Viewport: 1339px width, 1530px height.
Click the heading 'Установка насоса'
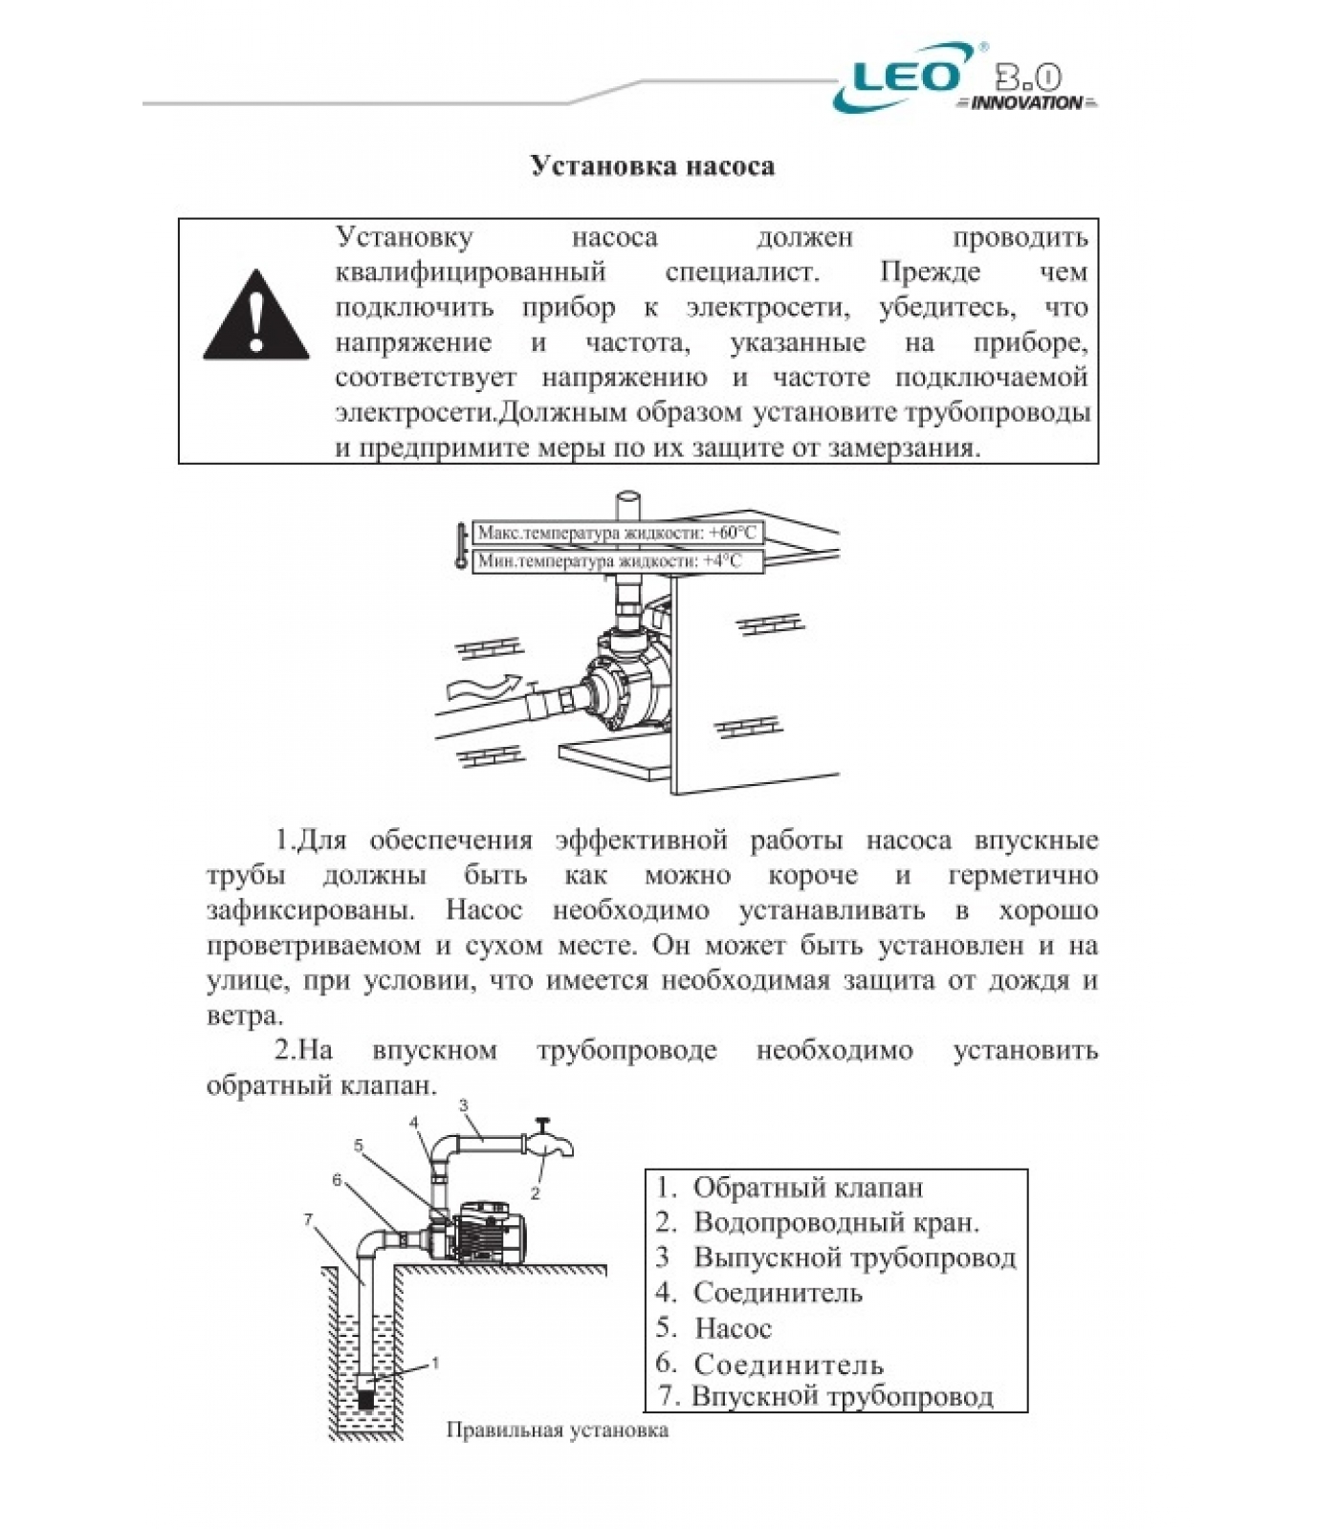(x=652, y=166)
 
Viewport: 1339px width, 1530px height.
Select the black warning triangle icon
(x=255, y=317)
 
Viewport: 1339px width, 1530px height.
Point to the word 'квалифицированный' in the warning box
(x=471, y=273)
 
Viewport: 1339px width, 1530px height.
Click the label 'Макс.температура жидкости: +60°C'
(x=617, y=533)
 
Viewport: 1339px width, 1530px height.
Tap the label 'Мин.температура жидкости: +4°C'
(x=610, y=561)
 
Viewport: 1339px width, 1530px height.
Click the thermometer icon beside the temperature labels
(x=461, y=547)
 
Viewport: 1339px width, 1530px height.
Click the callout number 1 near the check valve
(x=435, y=1363)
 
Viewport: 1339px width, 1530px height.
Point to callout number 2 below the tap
(x=535, y=1193)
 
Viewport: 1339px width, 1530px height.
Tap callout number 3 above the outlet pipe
(x=464, y=1106)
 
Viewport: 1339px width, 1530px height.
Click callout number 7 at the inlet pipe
(x=308, y=1220)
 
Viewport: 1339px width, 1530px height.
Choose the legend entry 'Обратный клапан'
(x=807, y=1188)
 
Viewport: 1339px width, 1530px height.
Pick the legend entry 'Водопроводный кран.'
(x=836, y=1222)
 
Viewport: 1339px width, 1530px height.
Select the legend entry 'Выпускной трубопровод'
(x=854, y=1257)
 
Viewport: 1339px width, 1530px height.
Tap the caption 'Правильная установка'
(x=557, y=1431)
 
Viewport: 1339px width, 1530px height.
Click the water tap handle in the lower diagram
(x=542, y=1124)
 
